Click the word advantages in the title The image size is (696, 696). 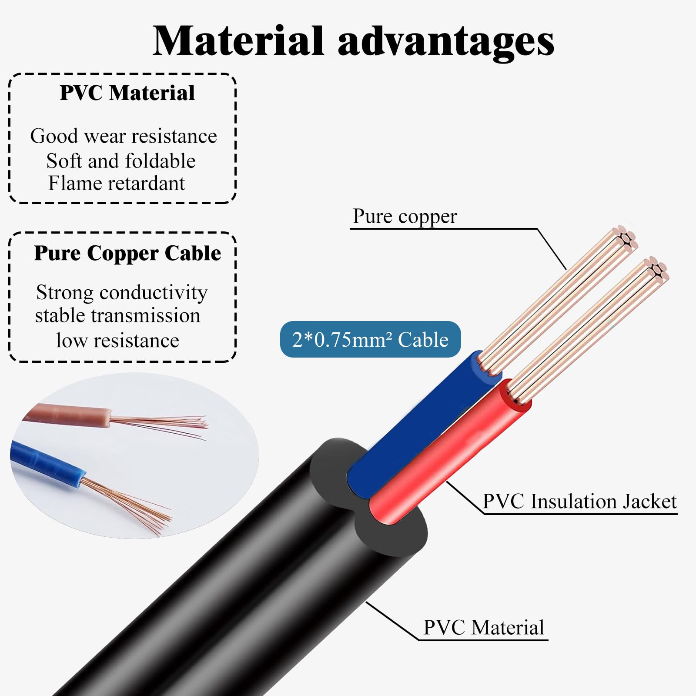(x=446, y=42)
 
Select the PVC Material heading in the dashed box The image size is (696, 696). (x=127, y=93)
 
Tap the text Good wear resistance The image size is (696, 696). (x=124, y=136)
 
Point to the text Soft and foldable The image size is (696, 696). (x=121, y=161)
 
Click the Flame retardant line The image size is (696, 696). (x=117, y=183)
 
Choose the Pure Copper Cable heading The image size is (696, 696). (x=127, y=253)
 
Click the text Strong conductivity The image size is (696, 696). (x=122, y=293)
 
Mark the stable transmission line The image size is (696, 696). (x=117, y=316)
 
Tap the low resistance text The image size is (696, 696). (x=117, y=340)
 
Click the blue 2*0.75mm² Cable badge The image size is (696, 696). (x=370, y=339)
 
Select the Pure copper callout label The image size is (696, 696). (x=405, y=216)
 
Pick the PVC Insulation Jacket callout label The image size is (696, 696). (x=580, y=501)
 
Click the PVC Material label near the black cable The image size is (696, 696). (x=484, y=628)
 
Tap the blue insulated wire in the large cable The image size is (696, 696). (x=418, y=426)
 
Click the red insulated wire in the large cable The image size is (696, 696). (x=448, y=452)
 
